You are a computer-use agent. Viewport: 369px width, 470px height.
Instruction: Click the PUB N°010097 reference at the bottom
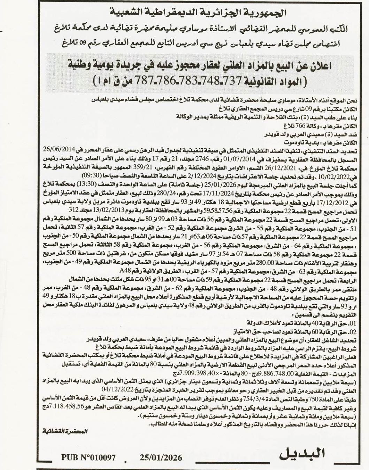pyautogui.click(x=88, y=458)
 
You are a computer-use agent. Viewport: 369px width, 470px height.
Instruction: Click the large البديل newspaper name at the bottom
pyautogui.click(x=302, y=454)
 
